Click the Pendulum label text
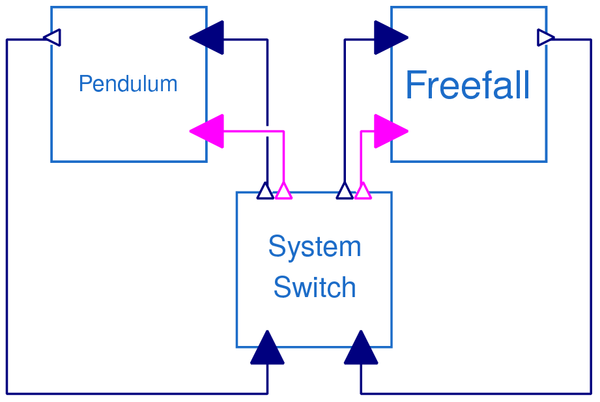tap(128, 84)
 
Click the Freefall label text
tap(467, 86)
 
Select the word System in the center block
tap(315, 248)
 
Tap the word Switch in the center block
tap(315, 287)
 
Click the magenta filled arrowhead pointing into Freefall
tap(390, 132)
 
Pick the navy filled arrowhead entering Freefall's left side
tap(390, 38)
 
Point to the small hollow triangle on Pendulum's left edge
tap(53, 38)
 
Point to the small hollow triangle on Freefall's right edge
tap(546, 38)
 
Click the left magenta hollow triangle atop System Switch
tap(283, 191)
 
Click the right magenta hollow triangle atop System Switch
tap(363, 191)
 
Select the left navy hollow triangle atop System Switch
tap(265, 191)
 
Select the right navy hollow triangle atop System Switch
tap(345, 191)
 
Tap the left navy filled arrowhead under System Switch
tap(267, 348)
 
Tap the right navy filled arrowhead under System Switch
tap(361, 348)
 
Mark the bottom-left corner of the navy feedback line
tap(7, 394)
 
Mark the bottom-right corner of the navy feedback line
tap(591, 394)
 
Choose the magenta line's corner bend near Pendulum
tap(283, 132)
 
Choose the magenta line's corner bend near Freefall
tap(362, 132)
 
